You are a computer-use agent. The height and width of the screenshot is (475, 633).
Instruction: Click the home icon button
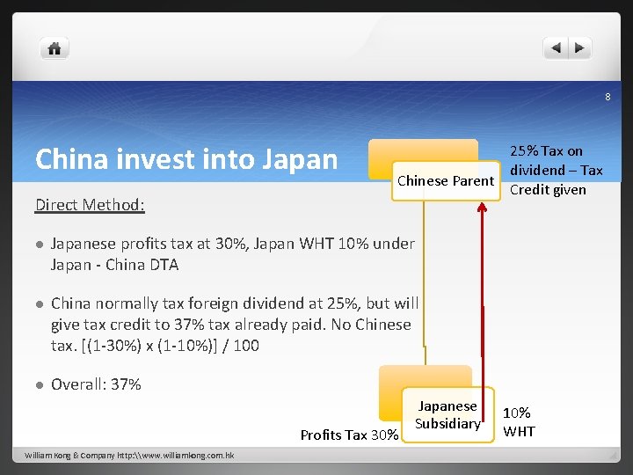(x=55, y=48)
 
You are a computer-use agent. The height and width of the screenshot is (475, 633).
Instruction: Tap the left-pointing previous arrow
(x=555, y=48)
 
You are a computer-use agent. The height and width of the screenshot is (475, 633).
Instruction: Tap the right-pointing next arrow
(x=580, y=48)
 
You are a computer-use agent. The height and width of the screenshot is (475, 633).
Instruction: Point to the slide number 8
(x=607, y=97)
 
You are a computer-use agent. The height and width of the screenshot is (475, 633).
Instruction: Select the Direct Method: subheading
(x=90, y=205)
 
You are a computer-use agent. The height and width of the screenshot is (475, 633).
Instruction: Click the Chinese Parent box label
(x=446, y=181)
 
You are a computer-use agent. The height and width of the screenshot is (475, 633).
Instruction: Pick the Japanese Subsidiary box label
(x=447, y=415)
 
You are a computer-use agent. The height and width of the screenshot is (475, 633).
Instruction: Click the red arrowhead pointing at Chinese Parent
(x=483, y=208)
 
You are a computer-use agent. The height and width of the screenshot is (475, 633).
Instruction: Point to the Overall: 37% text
(x=96, y=384)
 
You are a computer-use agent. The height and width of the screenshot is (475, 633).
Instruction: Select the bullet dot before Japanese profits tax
(x=40, y=245)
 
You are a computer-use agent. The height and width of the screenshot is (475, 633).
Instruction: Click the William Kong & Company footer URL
(x=128, y=455)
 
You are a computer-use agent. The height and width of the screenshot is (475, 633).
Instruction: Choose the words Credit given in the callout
(x=548, y=190)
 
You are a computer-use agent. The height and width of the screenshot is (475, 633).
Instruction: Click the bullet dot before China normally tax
(x=40, y=304)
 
